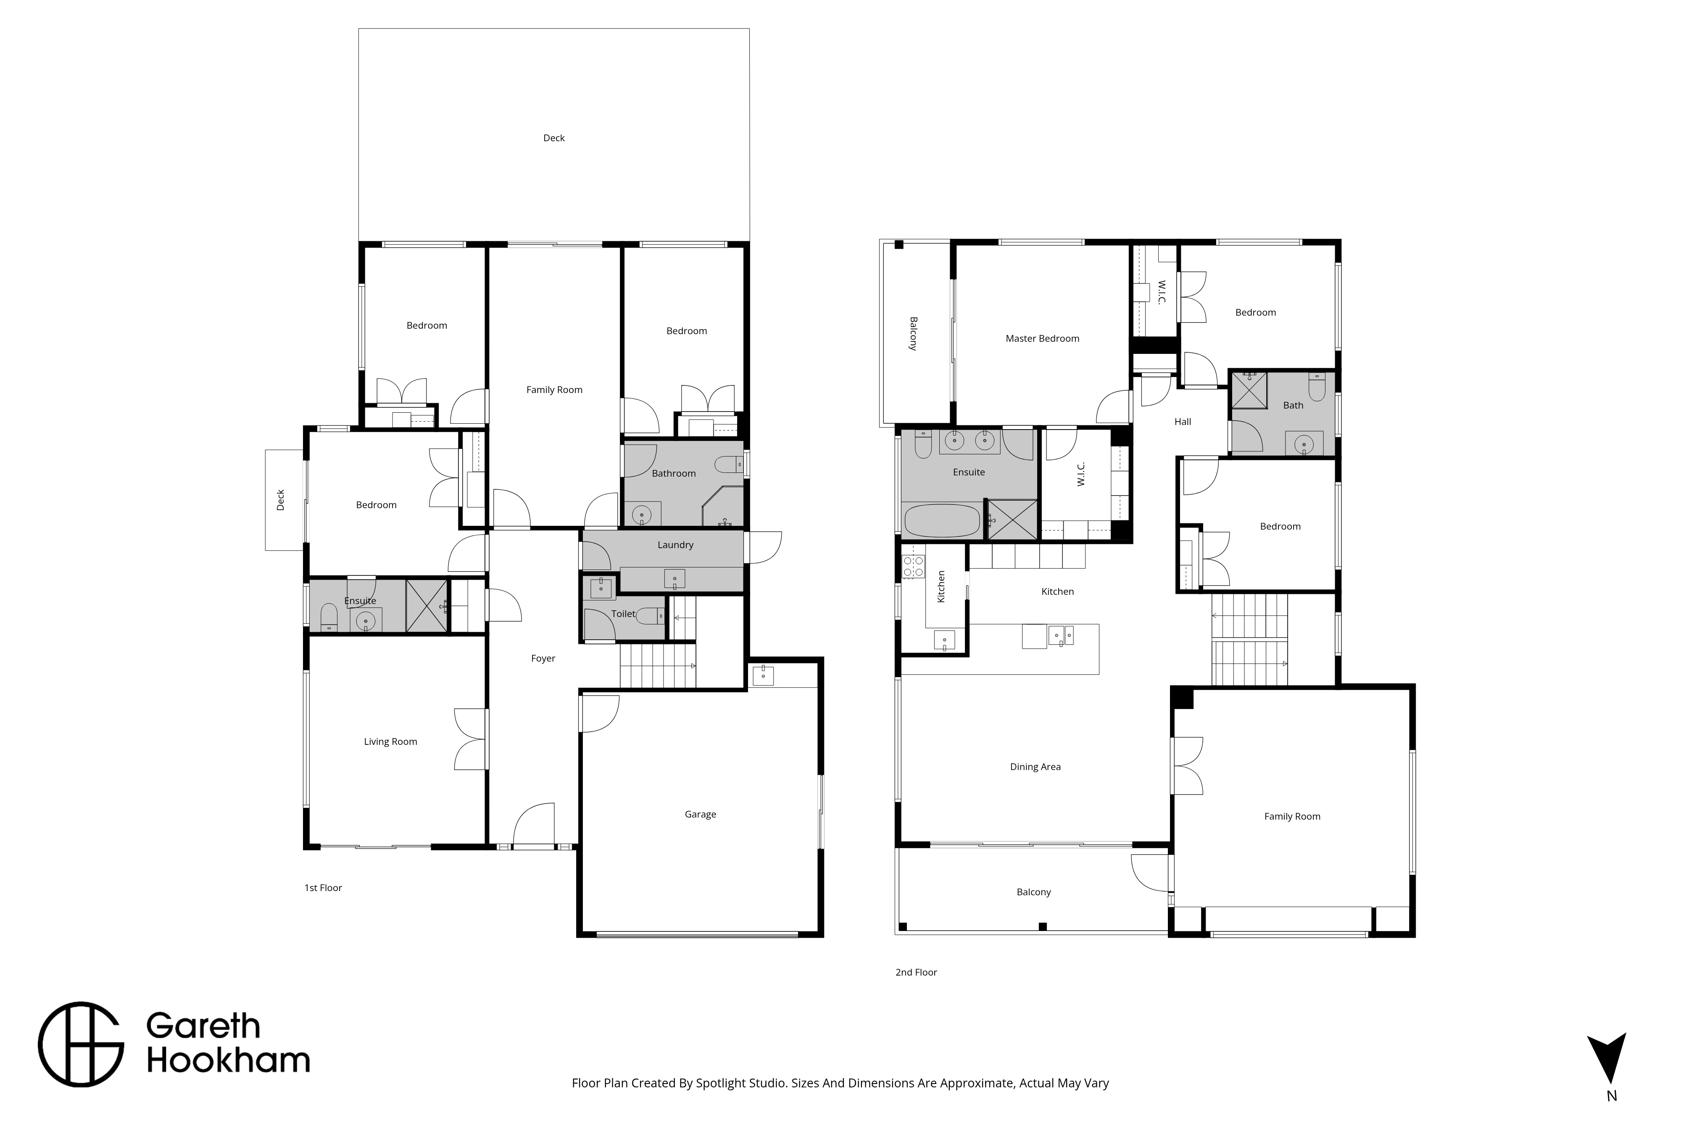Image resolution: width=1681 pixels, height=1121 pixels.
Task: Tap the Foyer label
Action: tap(543, 659)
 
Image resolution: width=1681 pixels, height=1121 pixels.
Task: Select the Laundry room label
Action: tap(675, 545)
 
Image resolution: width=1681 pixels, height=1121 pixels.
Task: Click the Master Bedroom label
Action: tap(1042, 338)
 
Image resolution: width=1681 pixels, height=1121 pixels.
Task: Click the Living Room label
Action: tap(390, 741)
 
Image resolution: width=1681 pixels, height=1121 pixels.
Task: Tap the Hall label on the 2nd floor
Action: tap(1183, 422)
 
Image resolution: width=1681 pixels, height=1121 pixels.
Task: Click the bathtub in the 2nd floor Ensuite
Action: tap(942, 520)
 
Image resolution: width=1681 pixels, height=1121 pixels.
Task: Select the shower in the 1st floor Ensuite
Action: tap(426, 606)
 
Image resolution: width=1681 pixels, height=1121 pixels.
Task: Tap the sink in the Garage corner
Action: tap(763, 674)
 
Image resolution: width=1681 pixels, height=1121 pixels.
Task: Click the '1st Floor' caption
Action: tap(323, 888)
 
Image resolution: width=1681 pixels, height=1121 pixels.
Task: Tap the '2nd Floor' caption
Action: tap(916, 972)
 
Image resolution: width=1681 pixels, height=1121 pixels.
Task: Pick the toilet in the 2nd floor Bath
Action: tap(1317, 387)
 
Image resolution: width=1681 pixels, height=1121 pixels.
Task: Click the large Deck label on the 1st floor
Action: tap(554, 138)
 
